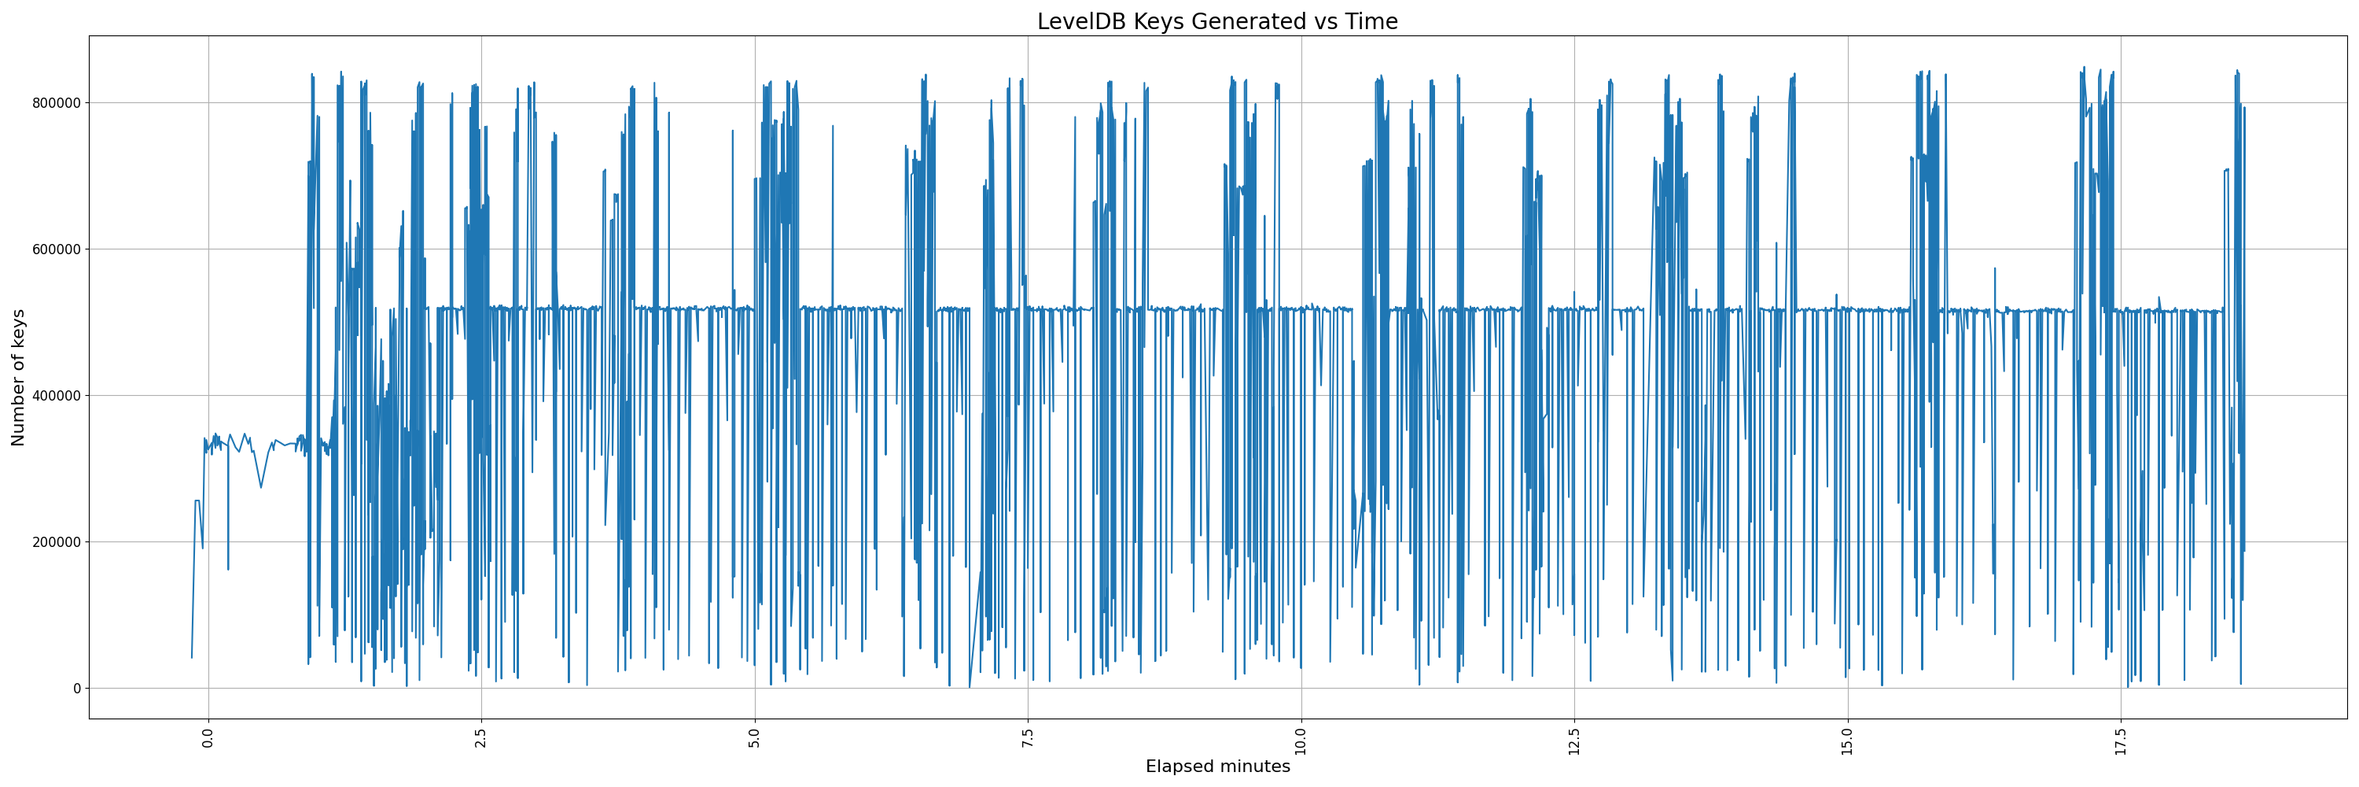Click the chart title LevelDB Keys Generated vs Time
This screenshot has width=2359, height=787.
pos(1217,21)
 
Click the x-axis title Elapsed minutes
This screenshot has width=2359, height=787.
pos(1217,767)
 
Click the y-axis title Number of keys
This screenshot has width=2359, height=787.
pos(18,378)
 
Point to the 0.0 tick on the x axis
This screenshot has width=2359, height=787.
pos(209,738)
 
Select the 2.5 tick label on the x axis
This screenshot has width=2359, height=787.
pos(482,738)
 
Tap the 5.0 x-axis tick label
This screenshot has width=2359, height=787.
pos(755,738)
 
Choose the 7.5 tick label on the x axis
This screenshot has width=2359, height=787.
pos(1028,738)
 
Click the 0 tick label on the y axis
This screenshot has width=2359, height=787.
pos(76,688)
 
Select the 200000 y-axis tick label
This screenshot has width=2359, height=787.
pos(50,541)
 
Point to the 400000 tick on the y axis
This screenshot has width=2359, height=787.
pos(50,396)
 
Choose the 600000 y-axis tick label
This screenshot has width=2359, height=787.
pos(50,249)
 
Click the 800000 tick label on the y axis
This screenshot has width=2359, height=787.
pos(50,102)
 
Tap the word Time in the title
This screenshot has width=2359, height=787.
pos(1371,21)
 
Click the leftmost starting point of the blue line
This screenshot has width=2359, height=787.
pos(191,657)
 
